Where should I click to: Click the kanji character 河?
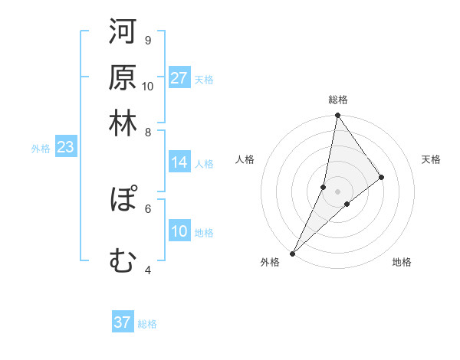click(123, 33)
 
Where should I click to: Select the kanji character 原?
click(123, 78)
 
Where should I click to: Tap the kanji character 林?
click(123, 123)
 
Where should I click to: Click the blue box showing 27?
click(179, 78)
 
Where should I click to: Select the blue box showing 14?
click(179, 162)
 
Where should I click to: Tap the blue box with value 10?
click(179, 231)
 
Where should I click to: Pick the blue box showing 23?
click(65, 148)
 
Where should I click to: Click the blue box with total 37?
click(123, 322)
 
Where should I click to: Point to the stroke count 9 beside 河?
click(147, 40)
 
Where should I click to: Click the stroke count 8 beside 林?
click(148, 133)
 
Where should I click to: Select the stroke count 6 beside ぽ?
click(147, 208)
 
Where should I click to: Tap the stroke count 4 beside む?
click(147, 270)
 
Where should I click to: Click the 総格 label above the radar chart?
click(338, 100)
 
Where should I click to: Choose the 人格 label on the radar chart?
click(245, 159)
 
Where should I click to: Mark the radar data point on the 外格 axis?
click(292, 253)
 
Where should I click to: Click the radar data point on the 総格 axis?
click(337, 116)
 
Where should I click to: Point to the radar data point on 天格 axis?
click(382, 177)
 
